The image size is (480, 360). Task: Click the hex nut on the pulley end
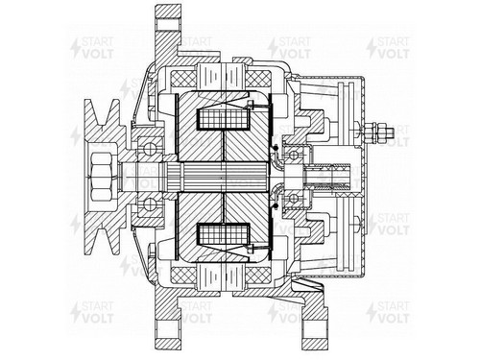pos(102,177)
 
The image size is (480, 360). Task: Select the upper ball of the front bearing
pos(150,149)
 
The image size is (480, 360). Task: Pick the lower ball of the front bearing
pos(150,204)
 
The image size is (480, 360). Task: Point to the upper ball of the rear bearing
pos(294,156)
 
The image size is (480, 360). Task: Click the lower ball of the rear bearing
pos(294,199)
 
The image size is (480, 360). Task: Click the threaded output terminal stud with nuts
pos(378,132)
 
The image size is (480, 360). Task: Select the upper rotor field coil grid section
pos(224,119)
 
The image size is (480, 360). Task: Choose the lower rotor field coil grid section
pos(224,233)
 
